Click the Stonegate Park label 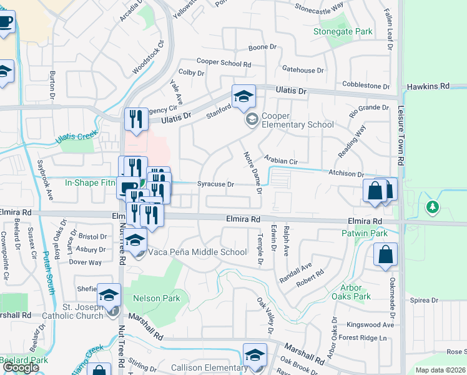(343, 31)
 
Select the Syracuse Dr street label (215, 184)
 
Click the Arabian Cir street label (281, 161)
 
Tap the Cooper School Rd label (224, 63)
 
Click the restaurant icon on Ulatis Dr (135, 118)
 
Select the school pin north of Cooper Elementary (243, 96)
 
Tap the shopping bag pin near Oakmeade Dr (385, 254)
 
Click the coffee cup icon (6, 22)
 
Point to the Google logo (21, 367)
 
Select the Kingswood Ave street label (371, 325)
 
